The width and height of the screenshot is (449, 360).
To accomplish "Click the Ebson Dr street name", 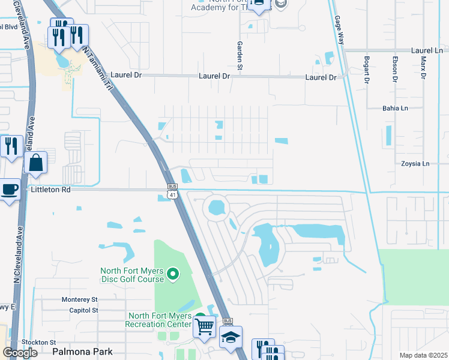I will [395, 68].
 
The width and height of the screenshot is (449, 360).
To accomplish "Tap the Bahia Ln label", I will [395, 109].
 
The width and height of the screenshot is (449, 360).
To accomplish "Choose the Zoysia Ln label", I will [415, 163].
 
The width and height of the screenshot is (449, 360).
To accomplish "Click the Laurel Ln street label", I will [426, 52].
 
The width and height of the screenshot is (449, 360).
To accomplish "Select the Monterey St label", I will [79, 299].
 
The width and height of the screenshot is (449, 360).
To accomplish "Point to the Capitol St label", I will [83, 310].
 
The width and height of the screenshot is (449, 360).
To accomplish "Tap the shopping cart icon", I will [204, 327].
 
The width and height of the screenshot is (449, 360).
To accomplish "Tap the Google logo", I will [20, 352].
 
